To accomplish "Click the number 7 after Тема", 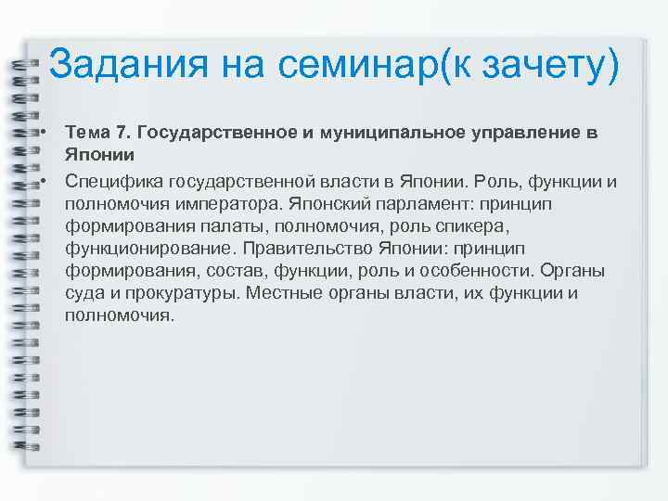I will tap(122, 133).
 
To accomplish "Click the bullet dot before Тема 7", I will tap(44, 133).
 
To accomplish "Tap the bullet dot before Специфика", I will tap(44, 179).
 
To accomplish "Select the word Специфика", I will tap(110, 180).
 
